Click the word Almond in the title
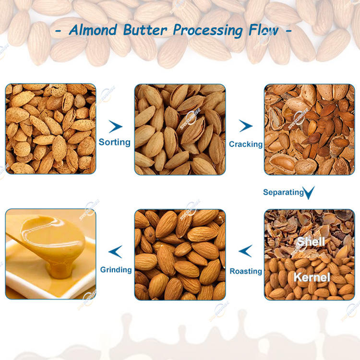(93, 30)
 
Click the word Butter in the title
(145, 30)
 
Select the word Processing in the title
(207, 31)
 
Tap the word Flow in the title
(264, 30)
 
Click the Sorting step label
(115, 142)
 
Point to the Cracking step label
(246, 144)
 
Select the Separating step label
(283, 192)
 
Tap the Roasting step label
(246, 271)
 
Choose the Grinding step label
(116, 270)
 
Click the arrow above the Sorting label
(116, 126)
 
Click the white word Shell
(311, 241)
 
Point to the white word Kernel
(312, 277)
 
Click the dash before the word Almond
(59, 31)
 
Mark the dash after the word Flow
(289, 30)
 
